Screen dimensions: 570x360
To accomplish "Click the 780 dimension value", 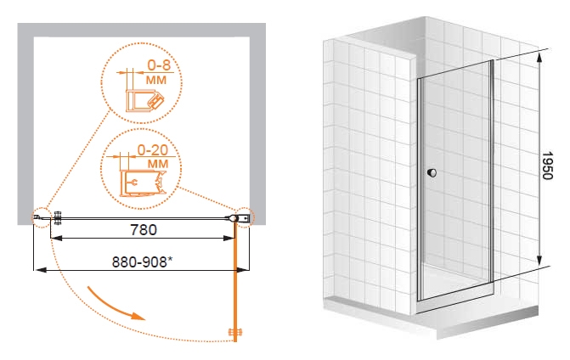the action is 144,229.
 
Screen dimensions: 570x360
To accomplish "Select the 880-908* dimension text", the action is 142,262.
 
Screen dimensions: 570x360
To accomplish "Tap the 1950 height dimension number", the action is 547,166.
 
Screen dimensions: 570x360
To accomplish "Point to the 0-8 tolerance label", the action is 159,65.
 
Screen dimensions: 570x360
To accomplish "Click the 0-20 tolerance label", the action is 152,149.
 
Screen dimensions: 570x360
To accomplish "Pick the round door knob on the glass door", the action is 432,172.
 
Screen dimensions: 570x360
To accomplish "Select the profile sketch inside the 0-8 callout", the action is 144,100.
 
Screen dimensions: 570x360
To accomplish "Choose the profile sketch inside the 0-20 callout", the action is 143,183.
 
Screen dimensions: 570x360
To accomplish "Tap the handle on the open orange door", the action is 234,332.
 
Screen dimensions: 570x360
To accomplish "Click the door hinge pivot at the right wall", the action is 233,218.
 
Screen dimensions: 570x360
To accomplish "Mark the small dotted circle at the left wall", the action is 41,218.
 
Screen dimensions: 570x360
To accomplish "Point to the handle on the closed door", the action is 58,218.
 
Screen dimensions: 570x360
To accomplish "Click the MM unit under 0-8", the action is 156,80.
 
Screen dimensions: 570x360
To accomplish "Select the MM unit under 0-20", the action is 158,164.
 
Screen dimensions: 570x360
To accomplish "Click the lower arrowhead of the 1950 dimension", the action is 539,259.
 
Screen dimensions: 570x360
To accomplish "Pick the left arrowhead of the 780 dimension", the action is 56,239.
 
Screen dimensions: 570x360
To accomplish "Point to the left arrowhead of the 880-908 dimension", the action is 40,270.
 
